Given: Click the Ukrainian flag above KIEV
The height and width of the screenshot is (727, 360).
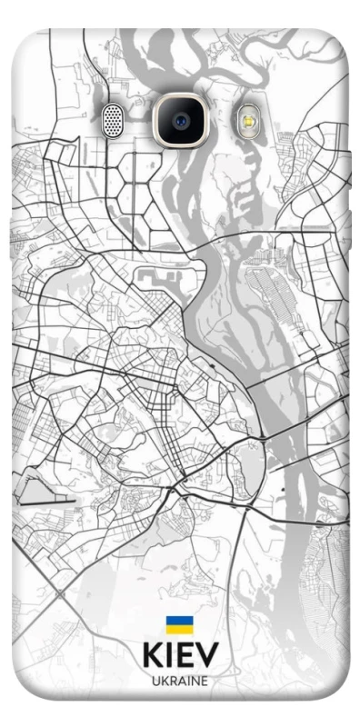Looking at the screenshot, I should (179, 625).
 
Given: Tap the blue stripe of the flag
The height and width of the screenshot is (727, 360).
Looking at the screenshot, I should (179, 622).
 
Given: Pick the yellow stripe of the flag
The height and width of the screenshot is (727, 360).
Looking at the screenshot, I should (179, 629).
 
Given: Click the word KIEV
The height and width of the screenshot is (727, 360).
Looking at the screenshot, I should (180, 656).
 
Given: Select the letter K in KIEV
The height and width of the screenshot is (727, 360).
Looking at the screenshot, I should (152, 656).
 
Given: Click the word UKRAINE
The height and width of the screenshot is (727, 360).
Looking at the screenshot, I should (180, 680).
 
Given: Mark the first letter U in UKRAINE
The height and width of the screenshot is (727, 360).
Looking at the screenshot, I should (155, 680).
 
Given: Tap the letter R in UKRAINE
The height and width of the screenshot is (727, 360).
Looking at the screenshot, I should (172, 680).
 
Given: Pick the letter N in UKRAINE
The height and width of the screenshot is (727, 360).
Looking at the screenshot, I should (194, 680).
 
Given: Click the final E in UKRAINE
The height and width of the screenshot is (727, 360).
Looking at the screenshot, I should (204, 680).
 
